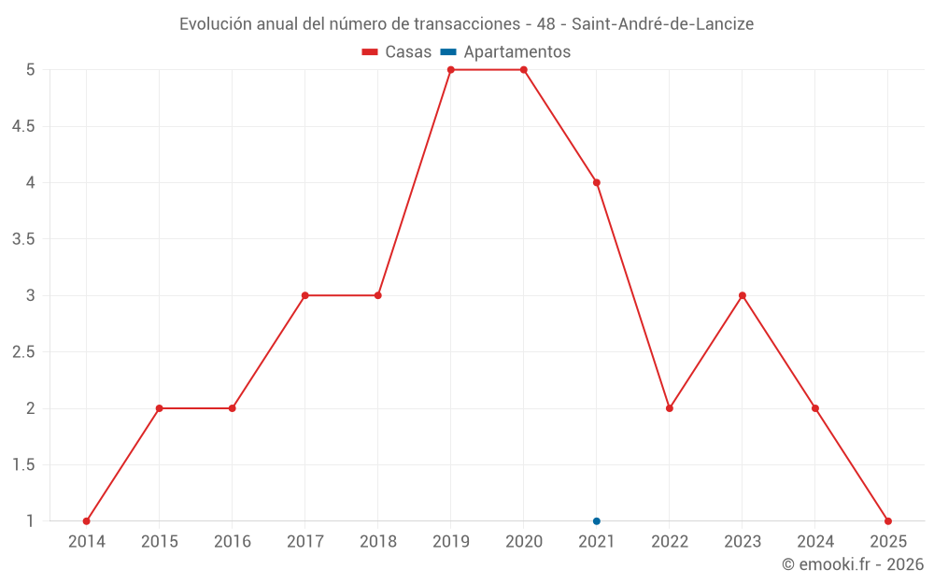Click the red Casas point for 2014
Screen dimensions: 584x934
pos(87,521)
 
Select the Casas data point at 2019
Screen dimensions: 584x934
pos(451,70)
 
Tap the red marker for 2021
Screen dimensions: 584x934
pos(597,182)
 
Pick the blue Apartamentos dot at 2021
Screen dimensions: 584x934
pos(597,521)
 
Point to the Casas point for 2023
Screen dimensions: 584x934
pos(743,295)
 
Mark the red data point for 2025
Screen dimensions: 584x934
pos(888,521)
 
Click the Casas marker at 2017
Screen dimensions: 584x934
pos(305,295)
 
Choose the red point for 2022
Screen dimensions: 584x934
pos(670,408)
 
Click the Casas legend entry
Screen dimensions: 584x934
pos(397,52)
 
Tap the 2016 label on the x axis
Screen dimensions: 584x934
pos(233,542)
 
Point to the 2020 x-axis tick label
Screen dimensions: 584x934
pos(524,542)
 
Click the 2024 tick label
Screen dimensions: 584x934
pos(815,542)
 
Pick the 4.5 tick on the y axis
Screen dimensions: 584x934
pos(23,126)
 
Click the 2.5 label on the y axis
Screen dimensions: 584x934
pos(23,352)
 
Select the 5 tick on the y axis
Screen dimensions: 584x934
pos(31,70)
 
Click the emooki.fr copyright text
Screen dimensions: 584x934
pos(852,564)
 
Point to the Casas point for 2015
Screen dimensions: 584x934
pos(160,408)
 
